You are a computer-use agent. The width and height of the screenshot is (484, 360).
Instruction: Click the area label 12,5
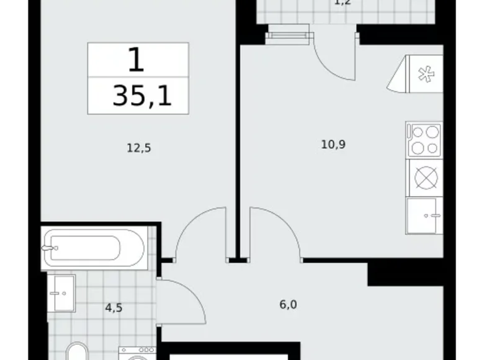(x=139, y=148)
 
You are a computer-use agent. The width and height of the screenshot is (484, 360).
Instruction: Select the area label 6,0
(x=287, y=305)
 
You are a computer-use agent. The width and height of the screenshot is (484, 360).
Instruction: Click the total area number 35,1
(x=141, y=97)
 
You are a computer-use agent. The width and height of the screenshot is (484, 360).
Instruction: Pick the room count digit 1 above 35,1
(x=137, y=60)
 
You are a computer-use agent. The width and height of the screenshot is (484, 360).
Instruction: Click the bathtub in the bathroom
(x=93, y=248)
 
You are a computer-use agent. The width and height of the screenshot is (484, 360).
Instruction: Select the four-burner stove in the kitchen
(x=424, y=140)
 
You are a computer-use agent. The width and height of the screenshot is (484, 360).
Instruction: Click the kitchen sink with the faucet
(x=424, y=216)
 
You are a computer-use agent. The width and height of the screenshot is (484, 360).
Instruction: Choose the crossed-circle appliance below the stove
(x=424, y=178)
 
